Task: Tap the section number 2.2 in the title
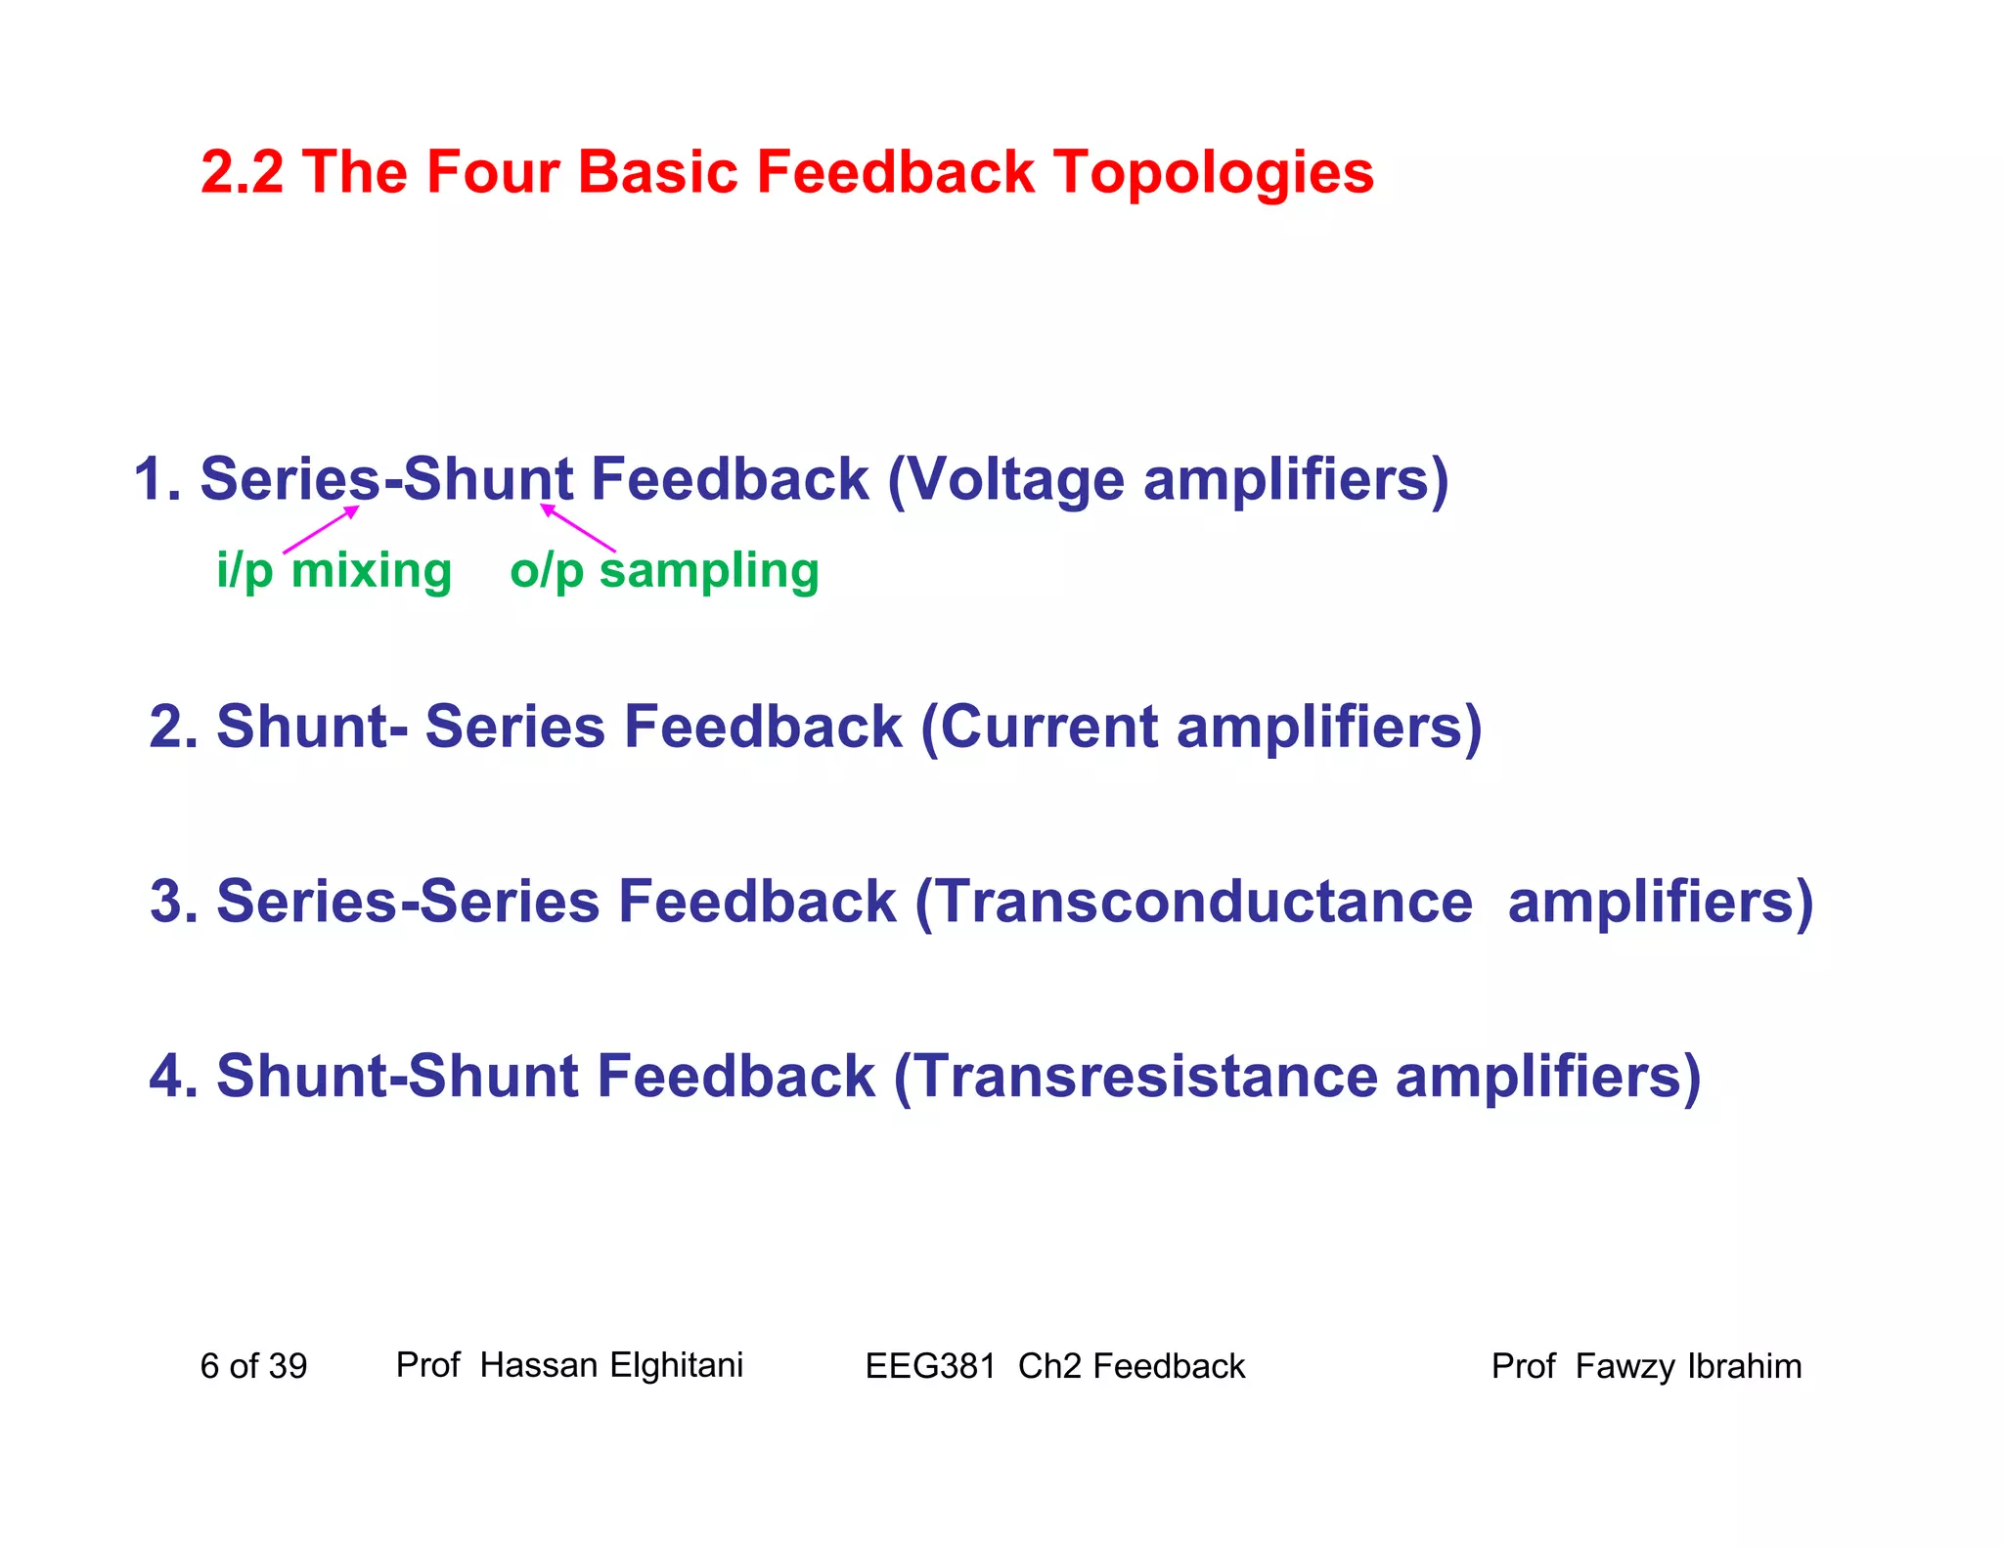(242, 172)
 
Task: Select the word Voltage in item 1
(1016, 481)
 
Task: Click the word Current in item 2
(1047, 729)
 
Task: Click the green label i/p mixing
(334, 570)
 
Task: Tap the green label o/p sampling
(664, 570)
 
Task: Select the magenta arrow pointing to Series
(321, 529)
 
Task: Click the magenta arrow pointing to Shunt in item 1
(578, 528)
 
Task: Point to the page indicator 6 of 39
(253, 1366)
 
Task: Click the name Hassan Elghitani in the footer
(611, 1365)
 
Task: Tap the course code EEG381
(930, 1366)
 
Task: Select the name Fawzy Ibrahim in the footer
(1688, 1366)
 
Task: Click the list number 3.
(167, 902)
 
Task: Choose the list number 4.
(167, 1077)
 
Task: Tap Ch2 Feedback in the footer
(1132, 1366)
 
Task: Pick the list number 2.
(167, 729)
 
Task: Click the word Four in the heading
(492, 172)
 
